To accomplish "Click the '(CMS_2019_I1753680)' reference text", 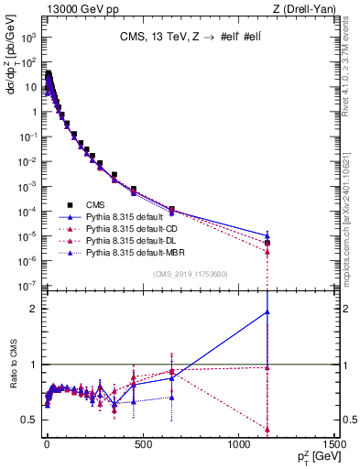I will pos(190,273).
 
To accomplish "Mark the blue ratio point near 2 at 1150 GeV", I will pos(267,311).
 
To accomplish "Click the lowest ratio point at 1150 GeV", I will pos(267,429).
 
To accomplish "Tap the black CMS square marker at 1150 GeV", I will pos(267,243).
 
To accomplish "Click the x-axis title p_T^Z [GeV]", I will pos(315,455).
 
